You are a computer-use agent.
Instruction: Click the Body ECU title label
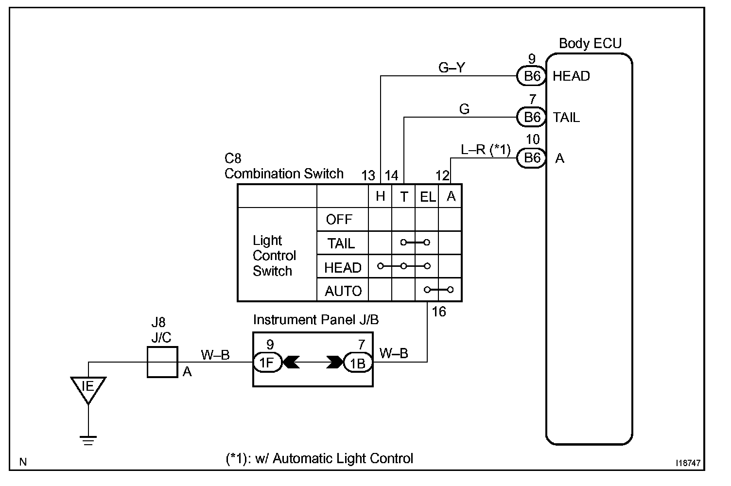coord(590,44)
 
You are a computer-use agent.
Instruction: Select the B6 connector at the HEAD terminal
coord(532,76)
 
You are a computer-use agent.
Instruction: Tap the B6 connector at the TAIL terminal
coord(532,117)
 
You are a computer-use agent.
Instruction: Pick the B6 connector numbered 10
coord(532,158)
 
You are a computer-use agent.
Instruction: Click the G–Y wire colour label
coord(452,68)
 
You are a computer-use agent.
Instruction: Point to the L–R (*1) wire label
coord(486,150)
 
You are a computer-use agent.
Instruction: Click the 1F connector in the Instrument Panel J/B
coord(267,363)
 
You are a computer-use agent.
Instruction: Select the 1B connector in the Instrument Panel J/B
coord(358,363)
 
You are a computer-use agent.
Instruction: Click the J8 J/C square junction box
coord(162,362)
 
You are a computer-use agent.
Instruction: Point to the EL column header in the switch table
coord(427,196)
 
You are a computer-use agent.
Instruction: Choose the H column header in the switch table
coord(380,196)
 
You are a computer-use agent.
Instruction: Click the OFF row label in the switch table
coord(339,220)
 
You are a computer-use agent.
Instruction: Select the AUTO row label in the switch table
coord(343,291)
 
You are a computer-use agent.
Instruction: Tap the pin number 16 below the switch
coord(439,312)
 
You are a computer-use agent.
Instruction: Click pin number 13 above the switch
coord(369,175)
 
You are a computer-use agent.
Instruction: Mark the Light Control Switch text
coord(274,256)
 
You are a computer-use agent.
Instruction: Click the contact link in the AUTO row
coord(438,290)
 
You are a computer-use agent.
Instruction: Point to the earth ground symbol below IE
coord(88,440)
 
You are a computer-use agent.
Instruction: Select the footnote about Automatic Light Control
coord(319,458)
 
